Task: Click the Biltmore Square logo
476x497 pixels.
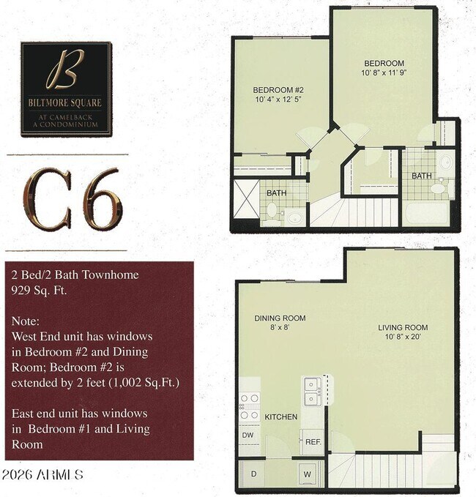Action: coord(66,88)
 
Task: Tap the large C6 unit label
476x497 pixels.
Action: coord(71,198)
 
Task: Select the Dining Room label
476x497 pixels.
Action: coord(280,318)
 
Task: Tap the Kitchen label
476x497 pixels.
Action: coord(280,416)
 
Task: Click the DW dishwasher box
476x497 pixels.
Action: coord(248,434)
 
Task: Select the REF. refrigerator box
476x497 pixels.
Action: coord(313,442)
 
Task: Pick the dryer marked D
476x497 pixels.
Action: coord(253,474)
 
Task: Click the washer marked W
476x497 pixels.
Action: coord(308,474)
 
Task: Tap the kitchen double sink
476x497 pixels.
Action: coord(313,392)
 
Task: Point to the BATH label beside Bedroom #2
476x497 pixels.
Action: coord(275,193)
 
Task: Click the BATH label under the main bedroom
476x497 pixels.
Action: coord(421,176)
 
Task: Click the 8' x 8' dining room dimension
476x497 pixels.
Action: coord(280,329)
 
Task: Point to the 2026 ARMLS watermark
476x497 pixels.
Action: coord(42,475)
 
